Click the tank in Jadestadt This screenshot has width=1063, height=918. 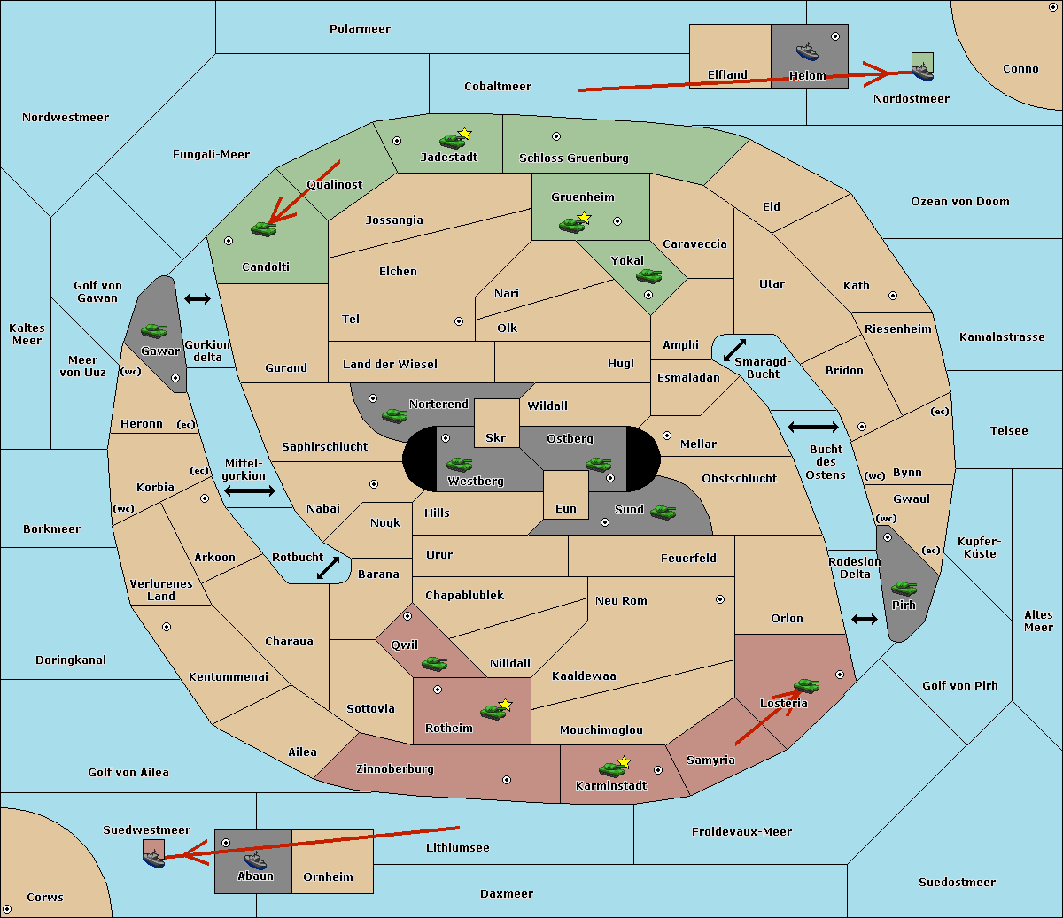tap(452, 141)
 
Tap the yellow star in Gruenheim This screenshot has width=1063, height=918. tap(584, 218)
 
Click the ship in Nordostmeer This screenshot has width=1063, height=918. tap(923, 73)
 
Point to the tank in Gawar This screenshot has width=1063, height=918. tap(154, 330)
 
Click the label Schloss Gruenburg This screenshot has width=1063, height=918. tap(573, 158)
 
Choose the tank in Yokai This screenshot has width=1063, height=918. tap(649, 276)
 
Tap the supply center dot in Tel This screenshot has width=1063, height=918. tap(459, 321)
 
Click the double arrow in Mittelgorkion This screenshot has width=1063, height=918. tap(250, 490)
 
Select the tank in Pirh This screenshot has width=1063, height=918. tap(904, 588)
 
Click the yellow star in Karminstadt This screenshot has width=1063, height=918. tap(624, 761)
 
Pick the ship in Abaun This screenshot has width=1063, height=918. tap(255, 861)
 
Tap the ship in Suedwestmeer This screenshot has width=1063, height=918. tap(154, 859)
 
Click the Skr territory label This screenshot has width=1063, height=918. tap(495, 437)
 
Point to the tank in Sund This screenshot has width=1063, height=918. tap(663, 513)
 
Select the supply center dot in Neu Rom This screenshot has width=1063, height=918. tap(720, 599)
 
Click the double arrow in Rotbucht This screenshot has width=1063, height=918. tap(328, 568)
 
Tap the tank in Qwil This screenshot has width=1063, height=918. tap(435, 663)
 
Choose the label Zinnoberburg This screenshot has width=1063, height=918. tap(395, 769)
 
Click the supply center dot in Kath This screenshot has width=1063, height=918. tap(893, 296)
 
